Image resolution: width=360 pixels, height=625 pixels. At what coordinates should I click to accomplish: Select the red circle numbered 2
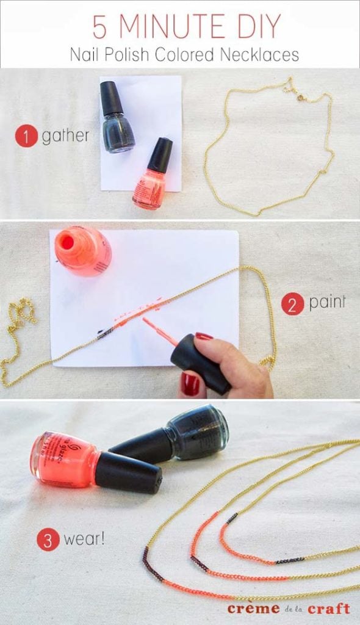click(x=293, y=303)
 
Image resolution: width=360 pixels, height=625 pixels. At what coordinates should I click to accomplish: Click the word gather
click(x=65, y=135)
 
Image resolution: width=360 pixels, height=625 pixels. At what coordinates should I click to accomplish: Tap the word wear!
click(x=84, y=540)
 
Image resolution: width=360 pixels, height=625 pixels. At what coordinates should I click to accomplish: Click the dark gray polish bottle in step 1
click(x=117, y=119)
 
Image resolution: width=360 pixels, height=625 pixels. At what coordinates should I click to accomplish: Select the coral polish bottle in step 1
click(x=151, y=177)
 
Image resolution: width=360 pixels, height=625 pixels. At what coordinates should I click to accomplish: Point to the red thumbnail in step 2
click(x=190, y=385)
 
